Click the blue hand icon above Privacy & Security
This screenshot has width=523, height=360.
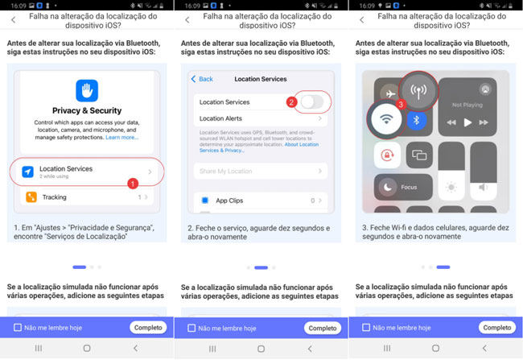tap(87, 89)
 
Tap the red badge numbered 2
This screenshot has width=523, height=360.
tap(291, 102)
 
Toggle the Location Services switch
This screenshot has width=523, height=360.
tap(314, 102)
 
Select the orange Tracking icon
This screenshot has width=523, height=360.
tap(30, 197)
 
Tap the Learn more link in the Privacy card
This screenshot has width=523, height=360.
tap(122, 138)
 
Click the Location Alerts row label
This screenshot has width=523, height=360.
tap(222, 118)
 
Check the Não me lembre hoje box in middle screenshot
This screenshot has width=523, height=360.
tap(191, 328)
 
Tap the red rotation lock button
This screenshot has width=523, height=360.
tap(388, 155)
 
